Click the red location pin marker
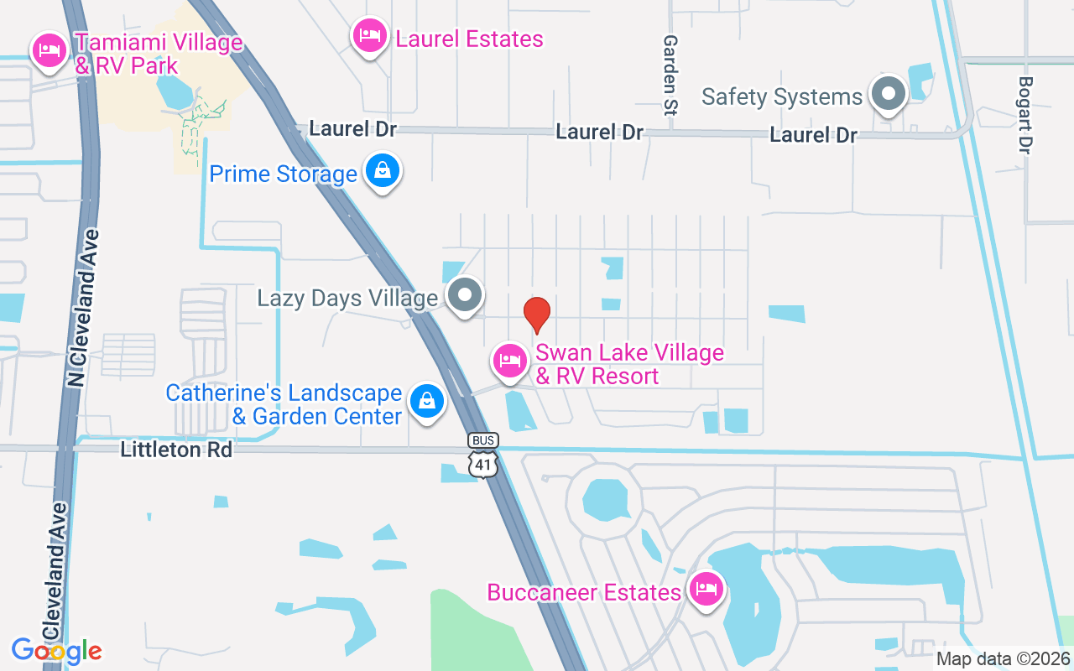pyautogui.click(x=537, y=315)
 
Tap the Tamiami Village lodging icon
pyautogui.click(x=50, y=50)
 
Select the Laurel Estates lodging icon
pyautogui.click(x=369, y=35)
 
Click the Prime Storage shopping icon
pyautogui.click(x=383, y=171)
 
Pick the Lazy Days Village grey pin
pyautogui.click(x=464, y=295)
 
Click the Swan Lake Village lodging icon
pyautogui.click(x=509, y=362)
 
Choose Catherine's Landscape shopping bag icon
pyautogui.click(x=427, y=401)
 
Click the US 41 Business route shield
pyautogui.click(x=484, y=455)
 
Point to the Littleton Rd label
pyautogui.click(x=176, y=450)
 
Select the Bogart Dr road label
pyautogui.click(x=1024, y=115)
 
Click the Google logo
pyautogui.click(x=57, y=650)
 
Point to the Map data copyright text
pyautogui.click(x=1004, y=658)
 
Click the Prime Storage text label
pyautogui.click(x=283, y=174)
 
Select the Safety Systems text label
pyautogui.click(x=782, y=96)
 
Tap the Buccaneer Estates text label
pyautogui.click(x=584, y=592)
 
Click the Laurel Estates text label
pyautogui.click(x=469, y=39)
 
